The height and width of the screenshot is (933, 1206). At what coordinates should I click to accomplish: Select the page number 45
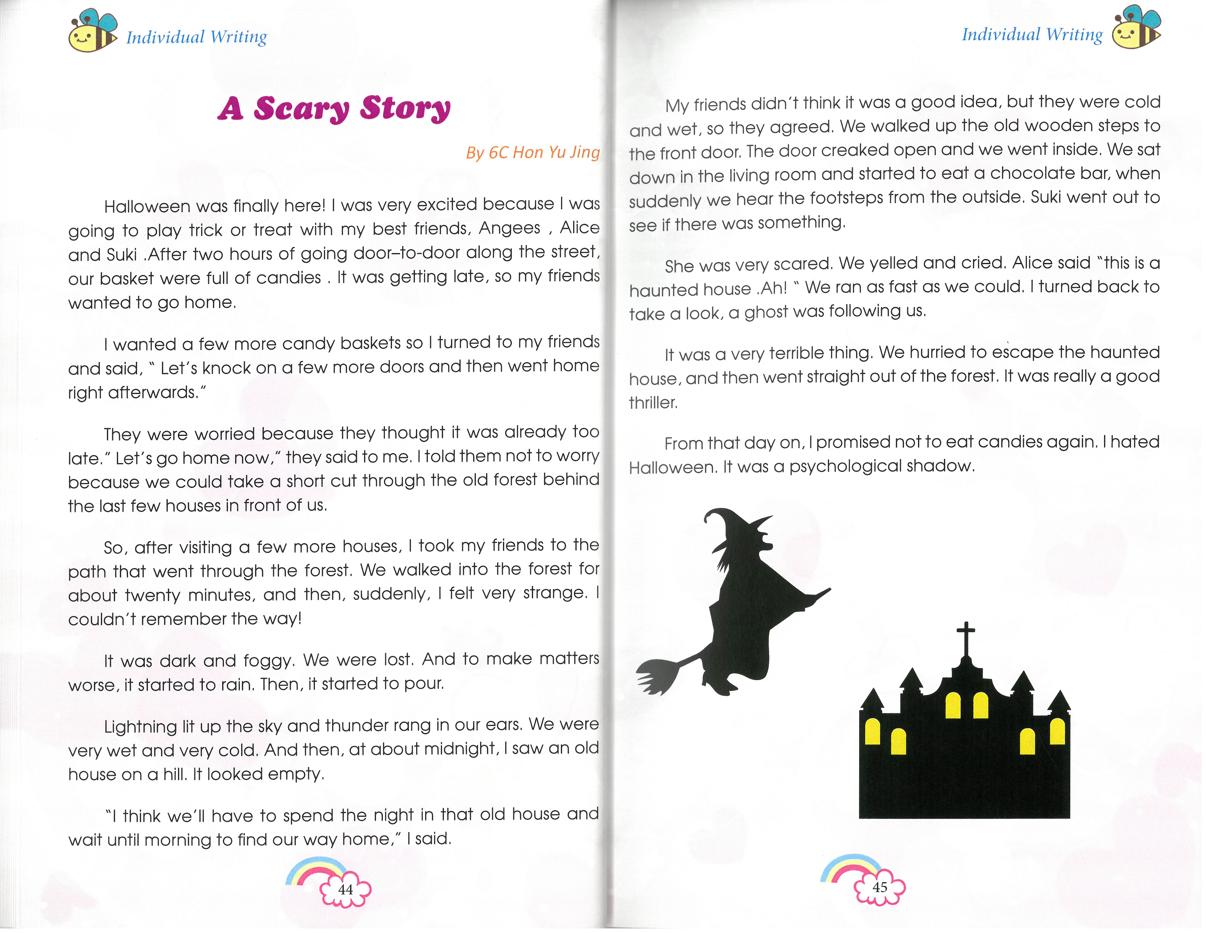880,887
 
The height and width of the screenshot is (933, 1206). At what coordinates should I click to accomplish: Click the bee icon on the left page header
92,31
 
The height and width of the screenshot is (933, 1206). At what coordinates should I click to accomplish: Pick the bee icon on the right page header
1136,28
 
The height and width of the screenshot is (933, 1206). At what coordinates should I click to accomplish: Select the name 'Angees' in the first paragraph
509,228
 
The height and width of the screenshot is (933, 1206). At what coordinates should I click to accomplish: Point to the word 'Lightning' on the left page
141,726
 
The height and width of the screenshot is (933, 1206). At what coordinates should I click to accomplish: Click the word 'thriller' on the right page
653,403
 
